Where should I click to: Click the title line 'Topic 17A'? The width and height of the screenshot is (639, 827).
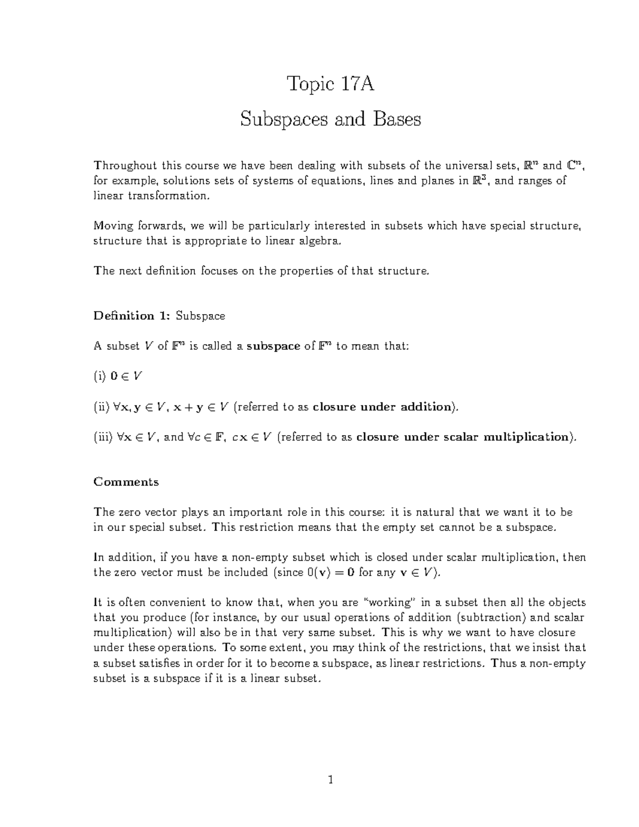coord(330,84)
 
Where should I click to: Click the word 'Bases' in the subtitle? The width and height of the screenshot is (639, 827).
coord(397,119)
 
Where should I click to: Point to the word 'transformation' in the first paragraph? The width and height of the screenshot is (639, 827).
coord(168,196)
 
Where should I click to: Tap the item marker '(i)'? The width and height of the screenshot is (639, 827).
coord(100,376)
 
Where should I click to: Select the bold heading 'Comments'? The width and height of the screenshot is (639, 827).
coord(126,482)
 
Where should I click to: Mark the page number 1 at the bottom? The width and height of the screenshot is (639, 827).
coord(330,781)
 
